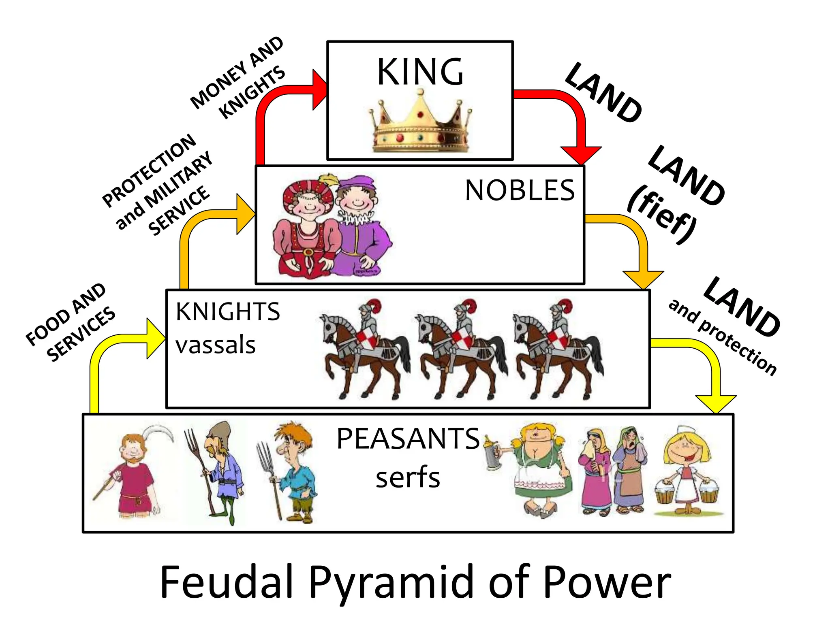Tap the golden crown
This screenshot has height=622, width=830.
tap(420, 123)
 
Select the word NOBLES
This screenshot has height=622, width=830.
tap(520, 190)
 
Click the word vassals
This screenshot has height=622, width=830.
tap(215, 345)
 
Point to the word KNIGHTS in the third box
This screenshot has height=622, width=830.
tap(228, 312)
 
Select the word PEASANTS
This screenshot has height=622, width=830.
tap(408, 439)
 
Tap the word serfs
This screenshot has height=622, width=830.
tap(408, 478)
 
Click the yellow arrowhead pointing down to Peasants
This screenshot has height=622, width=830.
tap(716, 403)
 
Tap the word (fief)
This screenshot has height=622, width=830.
tap(661, 214)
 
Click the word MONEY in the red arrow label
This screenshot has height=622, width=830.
tap(219, 87)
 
